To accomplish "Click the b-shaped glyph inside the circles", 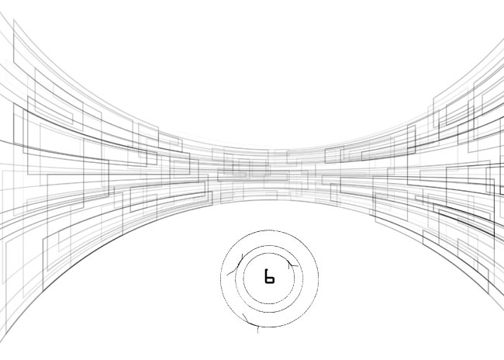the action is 269,277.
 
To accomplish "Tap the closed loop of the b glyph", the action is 271,280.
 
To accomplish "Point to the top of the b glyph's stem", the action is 266,269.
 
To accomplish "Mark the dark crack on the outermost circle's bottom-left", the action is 249,320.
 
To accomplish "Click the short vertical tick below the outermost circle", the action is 257,330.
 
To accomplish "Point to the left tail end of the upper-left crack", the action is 227,275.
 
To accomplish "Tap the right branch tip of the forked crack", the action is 298,266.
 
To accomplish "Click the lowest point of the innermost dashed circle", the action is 269,304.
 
